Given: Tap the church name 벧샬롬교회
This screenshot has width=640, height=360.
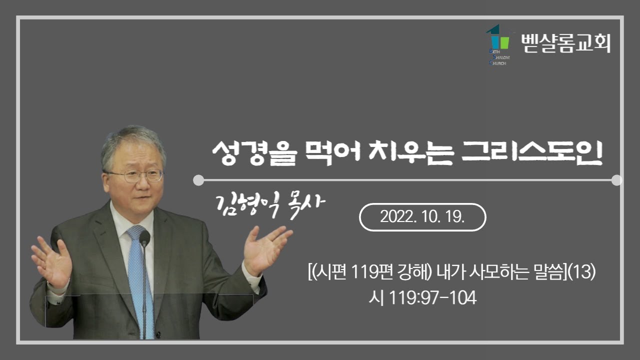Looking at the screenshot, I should click(x=565, y=43).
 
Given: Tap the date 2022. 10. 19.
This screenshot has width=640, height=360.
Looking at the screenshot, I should click(x=422, y=217).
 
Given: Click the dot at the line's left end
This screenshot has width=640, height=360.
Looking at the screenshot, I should click(x=198, y=180).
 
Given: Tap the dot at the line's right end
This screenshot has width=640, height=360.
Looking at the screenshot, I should click(x=616, y=180).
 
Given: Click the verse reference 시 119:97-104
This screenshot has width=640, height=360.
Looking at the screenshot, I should click(x=422, y=298).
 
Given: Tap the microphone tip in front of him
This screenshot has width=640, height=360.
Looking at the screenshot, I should click(x=144, y=237).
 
